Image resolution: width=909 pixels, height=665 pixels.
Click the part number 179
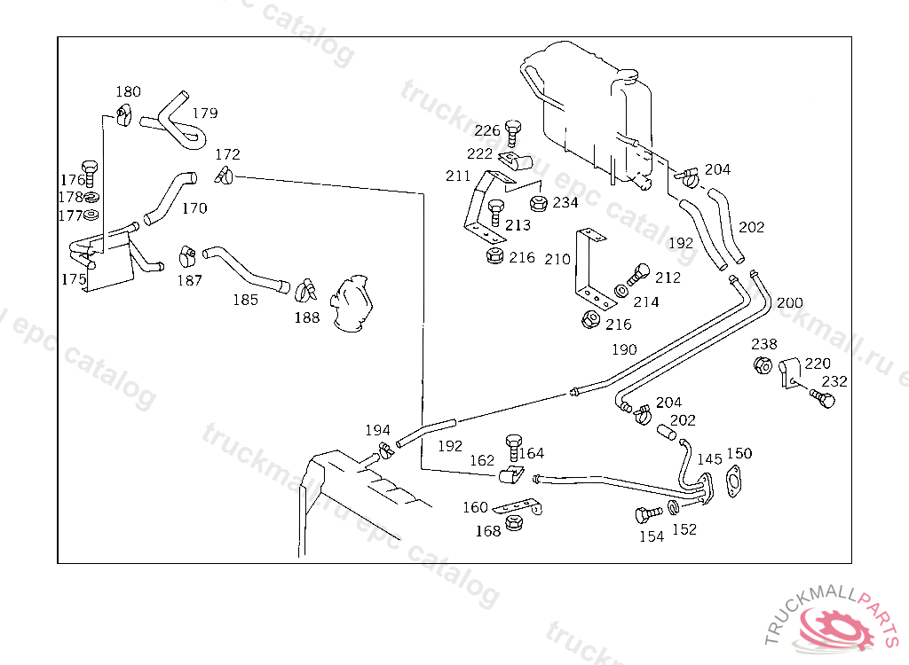(x=204, y=113)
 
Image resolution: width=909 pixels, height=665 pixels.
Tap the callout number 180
(x=129, y=91)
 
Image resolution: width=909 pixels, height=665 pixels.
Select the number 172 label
(x=228, y=155)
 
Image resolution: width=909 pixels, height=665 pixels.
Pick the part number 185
(x=245, y=300)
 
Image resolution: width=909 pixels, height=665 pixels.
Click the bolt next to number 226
(x=513, y=131)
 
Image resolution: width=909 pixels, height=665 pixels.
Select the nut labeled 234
(x=537, y=203)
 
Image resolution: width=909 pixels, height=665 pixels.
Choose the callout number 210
(x=557, y=260)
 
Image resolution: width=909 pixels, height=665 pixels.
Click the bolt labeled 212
(x=638, y=273)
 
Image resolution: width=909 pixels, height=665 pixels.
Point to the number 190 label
(x=624, y=349)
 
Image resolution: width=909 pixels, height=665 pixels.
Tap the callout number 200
(x=789, y=302)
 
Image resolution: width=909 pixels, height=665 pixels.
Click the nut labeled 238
(x=762, y=365)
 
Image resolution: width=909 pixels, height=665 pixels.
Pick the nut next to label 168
(x=513, y=525)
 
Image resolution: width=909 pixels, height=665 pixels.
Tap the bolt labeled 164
(x=513, y=443)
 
